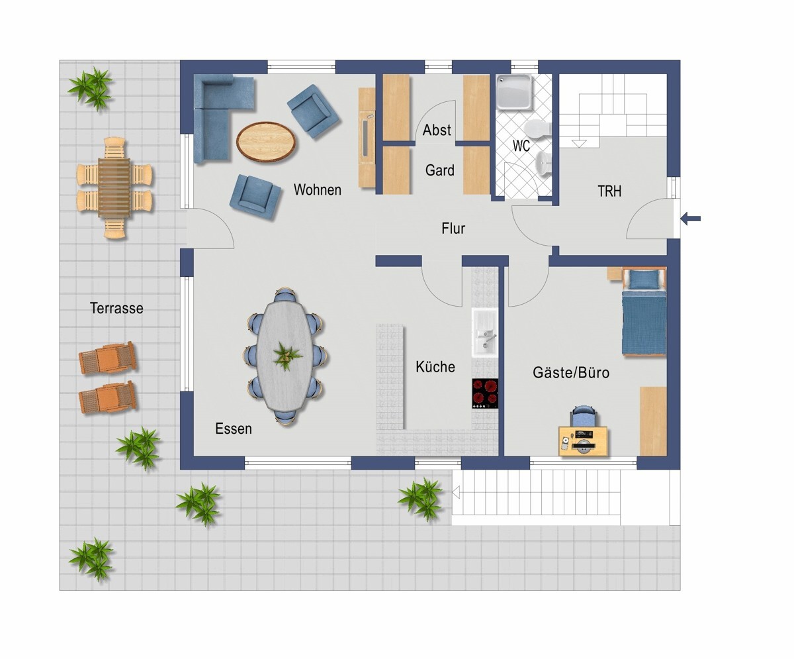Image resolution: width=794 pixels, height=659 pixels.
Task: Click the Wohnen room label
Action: (x=317, y=189)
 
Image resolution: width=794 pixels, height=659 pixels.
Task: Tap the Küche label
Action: (x=435, y=367)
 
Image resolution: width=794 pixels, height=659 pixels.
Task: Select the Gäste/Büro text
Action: (x=571, y=372)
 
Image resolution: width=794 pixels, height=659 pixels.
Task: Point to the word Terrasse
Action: (x=116, y=308)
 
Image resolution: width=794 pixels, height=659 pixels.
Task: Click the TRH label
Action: (x=609, y=191)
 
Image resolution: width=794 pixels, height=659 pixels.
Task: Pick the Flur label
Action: (x=453, y=228)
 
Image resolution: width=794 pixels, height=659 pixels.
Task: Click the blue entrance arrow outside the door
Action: (x=690, y=219)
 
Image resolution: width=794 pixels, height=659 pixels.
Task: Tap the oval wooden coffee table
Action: (x=266, y=142)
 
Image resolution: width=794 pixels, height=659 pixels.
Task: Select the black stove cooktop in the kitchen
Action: (x=485, y=393)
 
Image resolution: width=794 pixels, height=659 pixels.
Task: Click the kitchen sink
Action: (x=485, y=333)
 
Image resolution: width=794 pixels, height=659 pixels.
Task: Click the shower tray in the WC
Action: (x=514, y=92)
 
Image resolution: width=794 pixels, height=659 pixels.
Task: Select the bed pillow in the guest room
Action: (x=644, y=279)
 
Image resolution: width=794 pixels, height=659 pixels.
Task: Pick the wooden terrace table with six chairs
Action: (x=114, y=188)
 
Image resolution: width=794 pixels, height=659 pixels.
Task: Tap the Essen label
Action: (x=234, y=429)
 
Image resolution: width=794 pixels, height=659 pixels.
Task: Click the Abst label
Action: (x=437, y=130)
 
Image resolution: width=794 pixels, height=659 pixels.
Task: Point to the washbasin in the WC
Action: (x=543, y=162)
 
